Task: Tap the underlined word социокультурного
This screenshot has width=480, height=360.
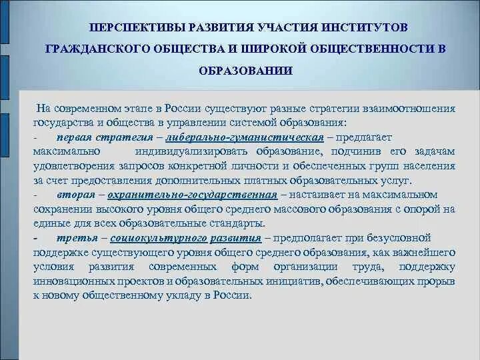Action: tap(148, 238)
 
